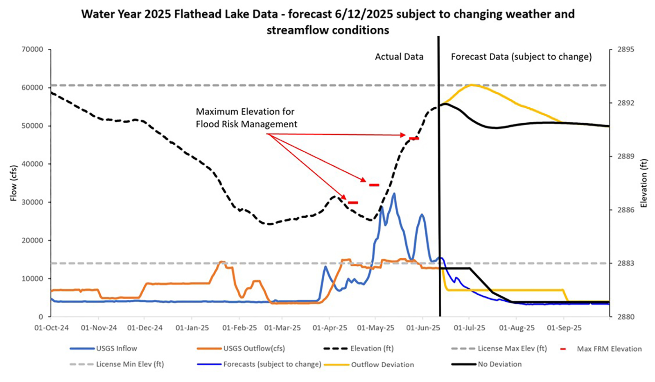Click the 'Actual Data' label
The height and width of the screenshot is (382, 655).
pyautogui.click(x=399, y=57)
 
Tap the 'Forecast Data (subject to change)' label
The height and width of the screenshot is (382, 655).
pyautogui.click(x=521, y=57)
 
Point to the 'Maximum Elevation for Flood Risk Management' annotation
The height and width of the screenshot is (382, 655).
pyautogui.click(x=246, y=118)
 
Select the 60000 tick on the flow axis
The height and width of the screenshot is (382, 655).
pyautogui.click(x=32, y=88)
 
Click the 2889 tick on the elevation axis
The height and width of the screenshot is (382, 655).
pyautogui.click(x=626, y=156)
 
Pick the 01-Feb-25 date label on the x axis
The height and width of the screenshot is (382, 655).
pyautogui.click(x=239, y=328)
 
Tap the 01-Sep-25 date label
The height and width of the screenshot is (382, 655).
pyautogui.click(x=564, y=328)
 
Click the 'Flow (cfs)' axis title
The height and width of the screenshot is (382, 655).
pyautogui.click(x=14, y=183)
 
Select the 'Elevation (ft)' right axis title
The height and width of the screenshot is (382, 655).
pyautogui.click(x=644, y=183)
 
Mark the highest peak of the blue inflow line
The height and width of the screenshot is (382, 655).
pyautogui.click(x=394, y=194)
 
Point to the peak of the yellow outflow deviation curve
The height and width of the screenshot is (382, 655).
pyautogui.click(x=472, y=85)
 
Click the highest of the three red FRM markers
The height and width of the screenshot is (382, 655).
pyautogui.click(x=414, y=139)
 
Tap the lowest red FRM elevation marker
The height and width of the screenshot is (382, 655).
pyautogui.click(x=353, y=203)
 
